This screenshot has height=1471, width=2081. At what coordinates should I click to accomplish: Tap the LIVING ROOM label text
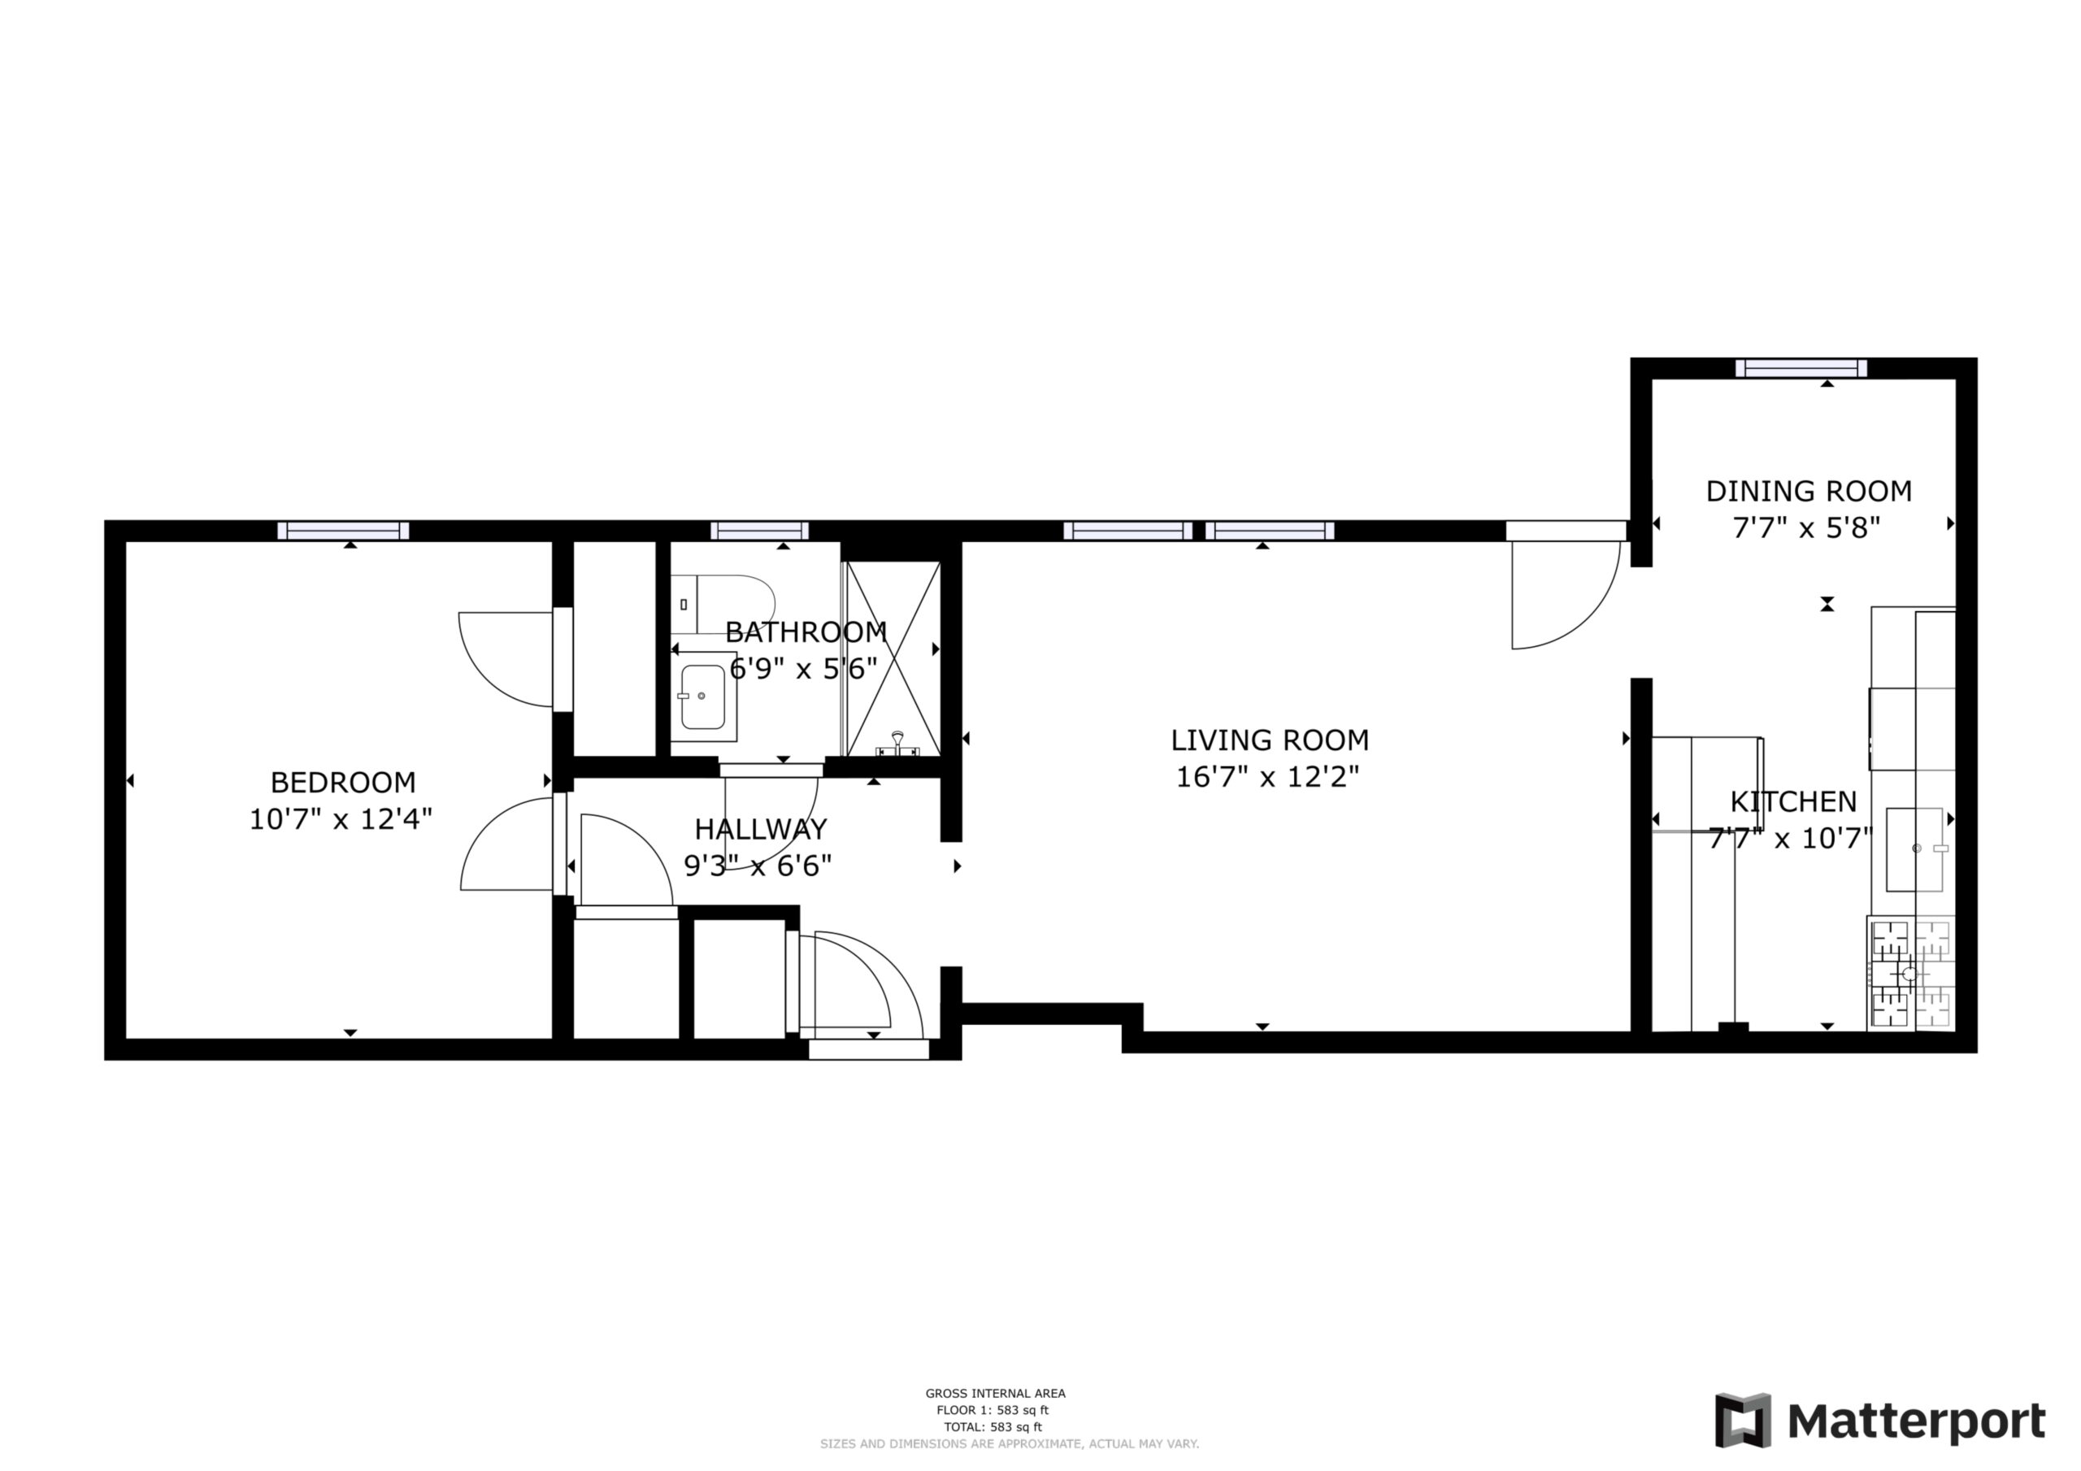point(1269,740)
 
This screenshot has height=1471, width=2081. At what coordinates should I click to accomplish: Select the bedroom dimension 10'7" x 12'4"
point(341,818)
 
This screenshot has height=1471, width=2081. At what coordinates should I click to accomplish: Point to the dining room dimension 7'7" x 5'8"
point(1807,527)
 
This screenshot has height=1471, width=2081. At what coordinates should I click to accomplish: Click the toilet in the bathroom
point(723,605)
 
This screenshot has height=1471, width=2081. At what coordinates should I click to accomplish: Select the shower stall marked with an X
point(893,658)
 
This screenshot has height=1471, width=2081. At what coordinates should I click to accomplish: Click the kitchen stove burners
point(1910,974)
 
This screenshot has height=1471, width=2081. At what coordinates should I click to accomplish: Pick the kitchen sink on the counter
point(1915,849)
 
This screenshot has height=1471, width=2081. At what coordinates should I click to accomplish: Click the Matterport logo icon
point(1743,1421)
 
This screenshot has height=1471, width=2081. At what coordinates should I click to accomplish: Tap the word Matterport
point(1917,1421)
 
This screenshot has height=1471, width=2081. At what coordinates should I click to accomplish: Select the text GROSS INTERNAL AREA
point(995,1393)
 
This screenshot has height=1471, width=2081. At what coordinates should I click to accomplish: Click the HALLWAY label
point(760,828)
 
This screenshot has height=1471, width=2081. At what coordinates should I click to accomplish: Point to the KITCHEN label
point(1792,801)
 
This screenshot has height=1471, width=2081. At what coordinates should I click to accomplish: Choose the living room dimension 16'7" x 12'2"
point(1267,777)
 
